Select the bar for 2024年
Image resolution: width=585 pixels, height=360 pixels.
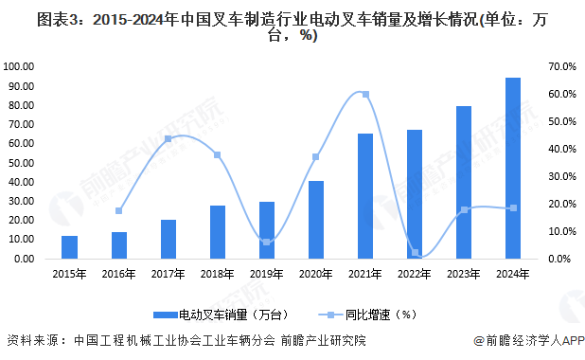click(x=512, y=169)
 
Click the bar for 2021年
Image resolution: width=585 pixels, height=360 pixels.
click(x=364, y=196)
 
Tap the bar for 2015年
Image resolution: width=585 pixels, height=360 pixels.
click(x=69, y=247)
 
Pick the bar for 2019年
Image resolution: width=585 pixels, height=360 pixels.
click(x=266, y=230)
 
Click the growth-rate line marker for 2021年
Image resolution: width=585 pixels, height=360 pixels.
click(x=365, y=95)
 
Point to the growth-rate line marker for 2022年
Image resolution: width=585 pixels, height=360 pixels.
click(x=415, y=253)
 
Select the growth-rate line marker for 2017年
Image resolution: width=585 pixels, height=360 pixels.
click(x=168, y=139)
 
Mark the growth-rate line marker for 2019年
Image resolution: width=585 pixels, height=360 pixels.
click(x=266, y=243)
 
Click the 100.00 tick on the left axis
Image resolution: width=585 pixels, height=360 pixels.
click(x=20, y=66)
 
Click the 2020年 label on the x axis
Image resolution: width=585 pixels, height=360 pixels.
click(x=315, y=274)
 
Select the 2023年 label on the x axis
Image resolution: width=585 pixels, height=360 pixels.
click(x=463, y=274)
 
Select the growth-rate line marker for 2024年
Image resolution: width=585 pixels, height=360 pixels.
click(x=513, y=208)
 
